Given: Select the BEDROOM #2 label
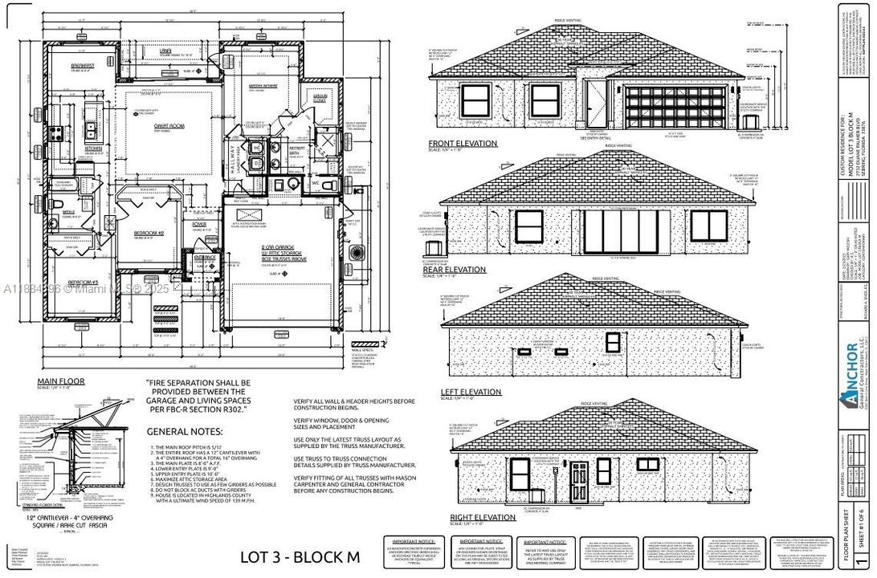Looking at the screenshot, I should click(x=149, y=234).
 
